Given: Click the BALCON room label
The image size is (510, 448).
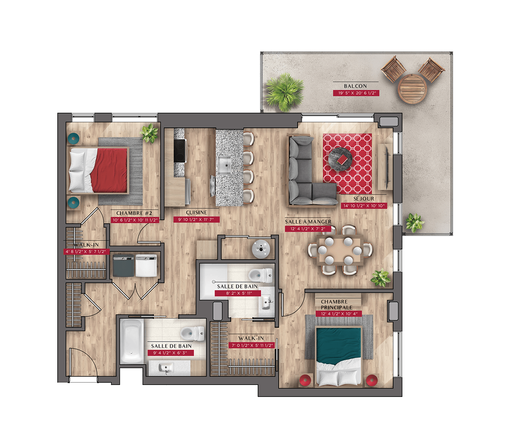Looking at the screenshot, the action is pos(355,86).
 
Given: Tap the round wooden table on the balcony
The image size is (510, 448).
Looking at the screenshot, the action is pos(412,88).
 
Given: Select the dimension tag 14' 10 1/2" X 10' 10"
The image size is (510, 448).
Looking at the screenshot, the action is pos(364,206).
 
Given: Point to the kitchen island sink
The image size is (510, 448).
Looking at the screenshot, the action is pos(224,165).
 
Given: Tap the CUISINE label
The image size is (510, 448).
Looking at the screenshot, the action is pos(196,212).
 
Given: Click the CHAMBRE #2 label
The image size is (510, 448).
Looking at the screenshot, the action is pos(134,213).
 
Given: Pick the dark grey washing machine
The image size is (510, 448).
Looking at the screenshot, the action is pos(123,266).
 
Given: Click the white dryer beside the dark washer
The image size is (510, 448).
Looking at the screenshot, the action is pos(146,266).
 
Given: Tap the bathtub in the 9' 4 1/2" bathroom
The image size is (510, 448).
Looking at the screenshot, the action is pos(132,341).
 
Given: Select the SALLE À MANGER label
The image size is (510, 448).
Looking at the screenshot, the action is pos(308,222).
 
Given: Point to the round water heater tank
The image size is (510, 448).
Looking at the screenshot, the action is pos(261,249).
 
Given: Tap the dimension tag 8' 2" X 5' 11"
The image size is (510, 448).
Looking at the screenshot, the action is pos(238,293).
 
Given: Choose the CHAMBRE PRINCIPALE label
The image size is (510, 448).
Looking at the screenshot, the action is pos(336,305).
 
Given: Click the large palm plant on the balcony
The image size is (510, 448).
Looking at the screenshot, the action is pos(285,92).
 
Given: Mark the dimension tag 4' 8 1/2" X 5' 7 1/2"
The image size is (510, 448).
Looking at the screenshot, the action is pos(86,251).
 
